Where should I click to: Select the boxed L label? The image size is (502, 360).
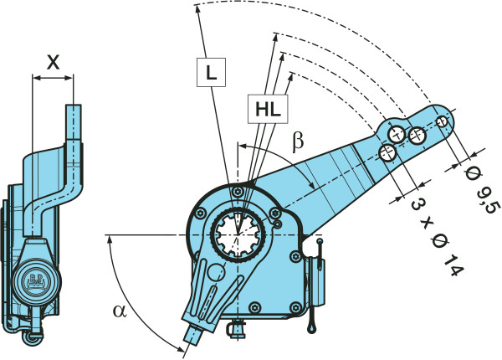coord(211,73)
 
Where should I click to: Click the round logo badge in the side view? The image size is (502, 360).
coord(37,278)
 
